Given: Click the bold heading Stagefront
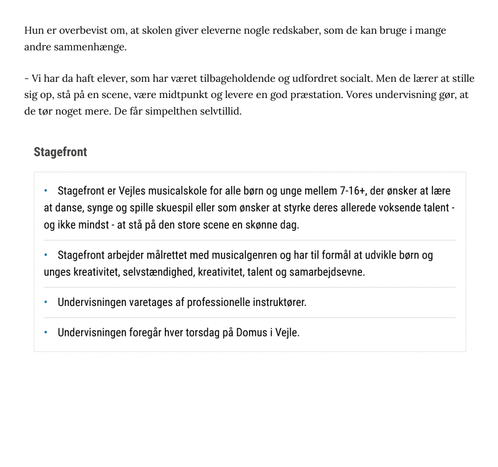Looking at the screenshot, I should tap(60, 152).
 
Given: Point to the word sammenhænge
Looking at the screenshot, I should tap(90, 47).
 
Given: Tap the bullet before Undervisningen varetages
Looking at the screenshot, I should tap(46, 302).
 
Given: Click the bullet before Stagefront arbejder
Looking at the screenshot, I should tap(46, 255).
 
